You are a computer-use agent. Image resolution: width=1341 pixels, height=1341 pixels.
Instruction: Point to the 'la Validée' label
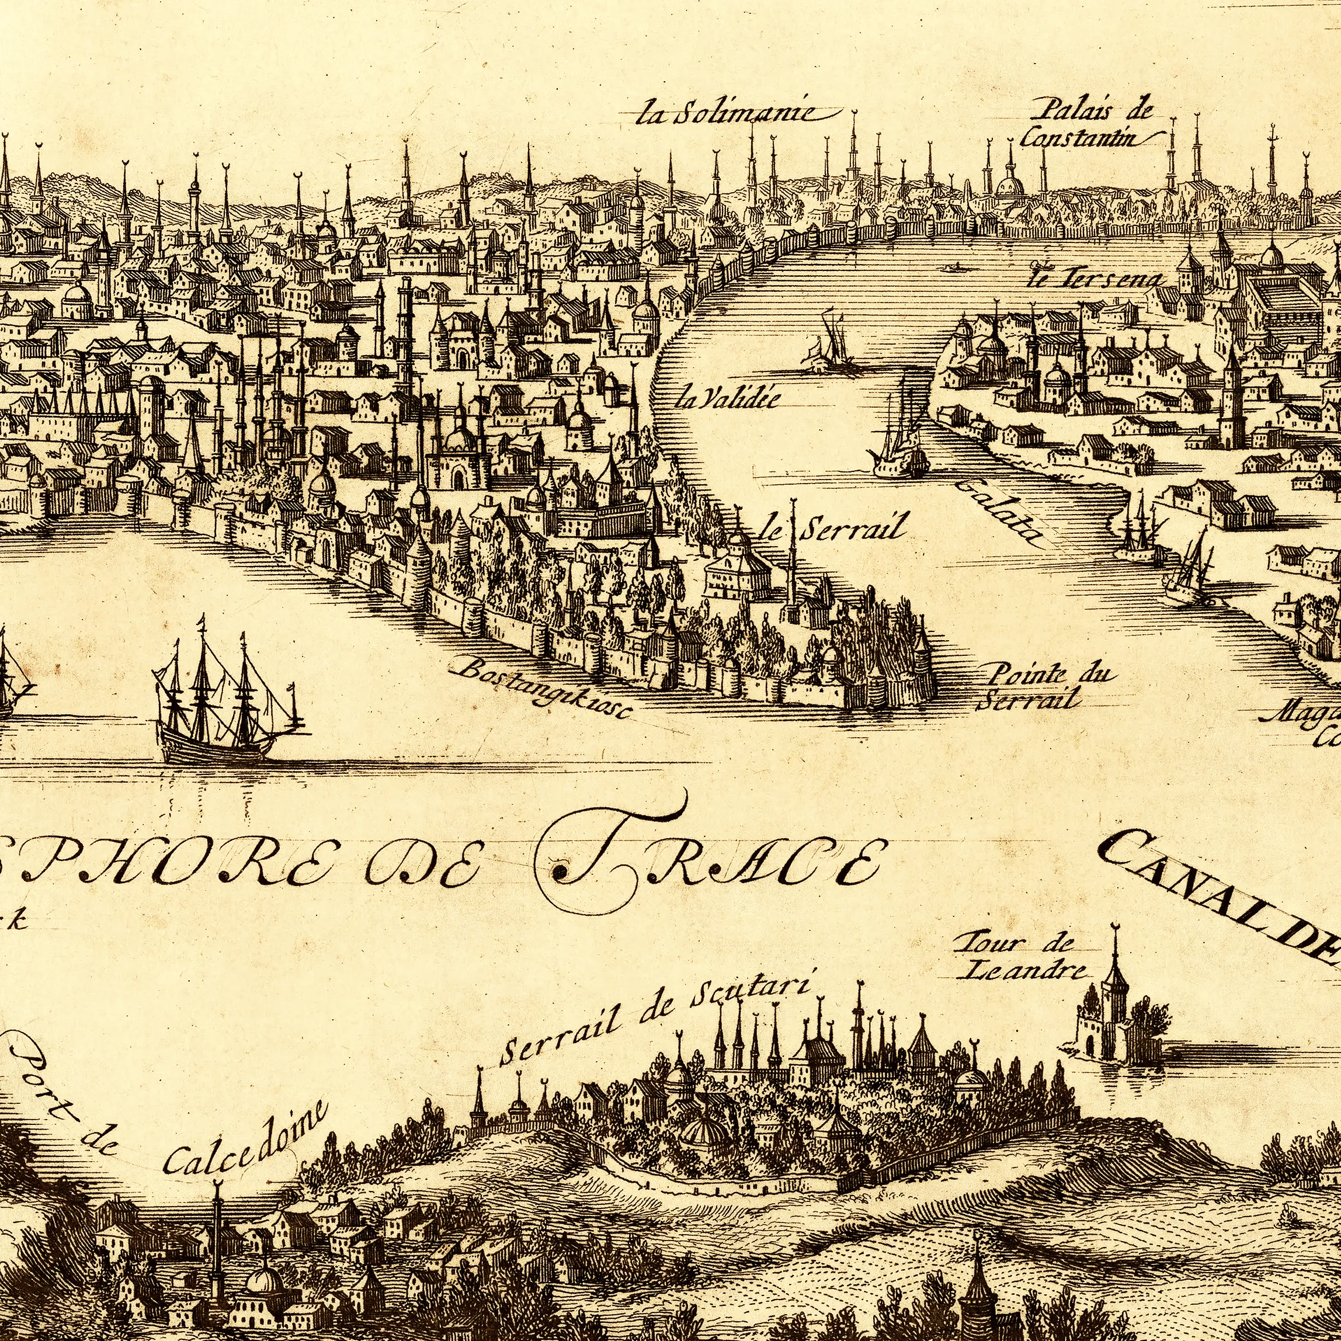727,398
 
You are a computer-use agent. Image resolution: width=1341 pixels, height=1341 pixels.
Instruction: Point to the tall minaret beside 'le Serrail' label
792,562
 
